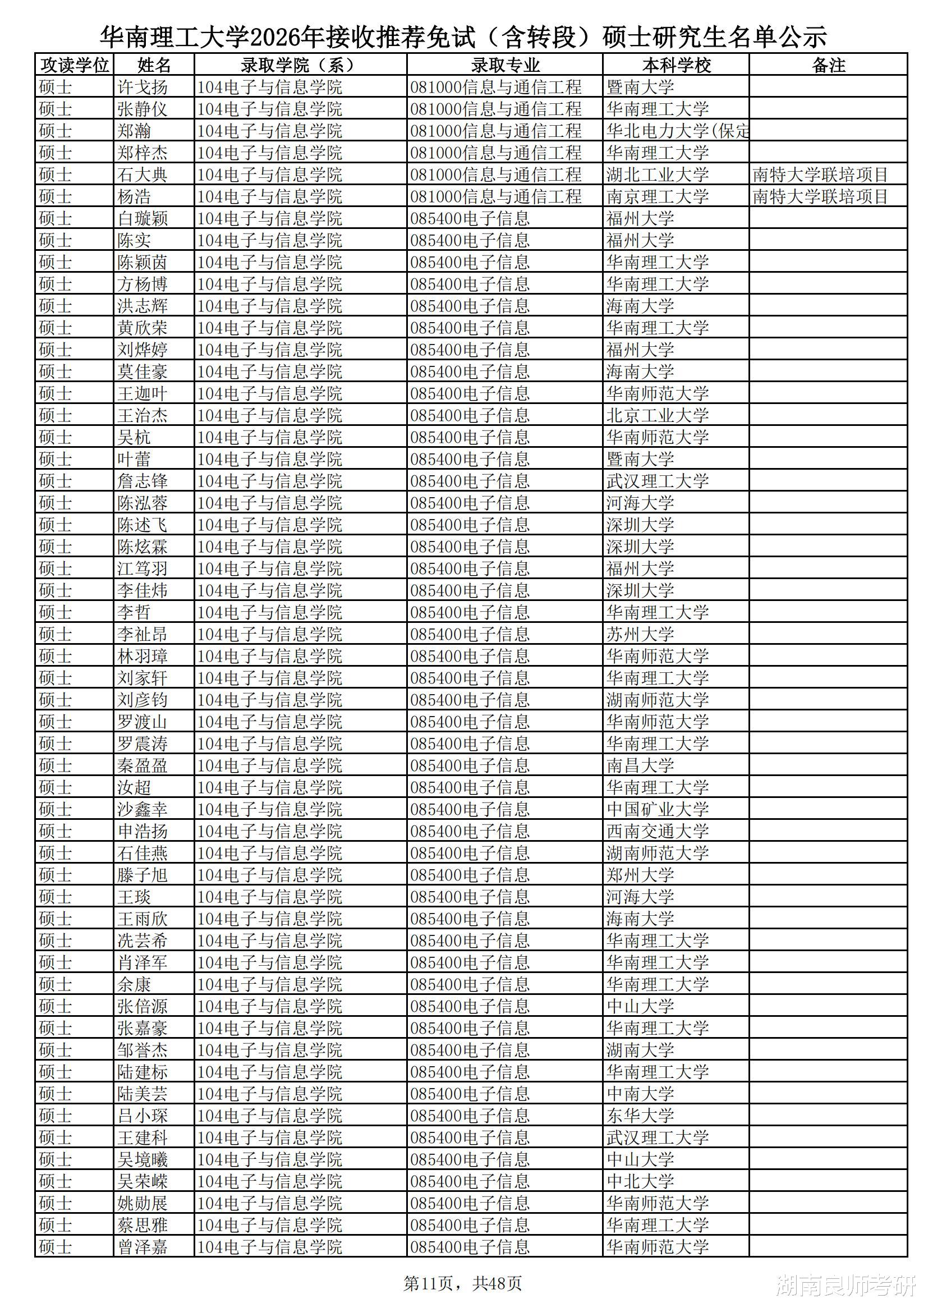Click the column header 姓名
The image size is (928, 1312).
click(154, 65)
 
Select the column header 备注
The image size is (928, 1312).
click(828, 65)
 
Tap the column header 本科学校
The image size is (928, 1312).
click(676, 65)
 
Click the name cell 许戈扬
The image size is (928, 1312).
click(143, 87)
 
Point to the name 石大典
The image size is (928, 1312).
click(143, 175)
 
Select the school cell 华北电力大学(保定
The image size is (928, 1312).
click(677, 131)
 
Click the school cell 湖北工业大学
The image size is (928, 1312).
click(657, 175)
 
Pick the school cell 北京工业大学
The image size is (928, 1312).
click(657, 415)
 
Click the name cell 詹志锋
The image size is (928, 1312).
click(143, 481)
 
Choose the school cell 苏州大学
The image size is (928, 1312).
click(640, 634)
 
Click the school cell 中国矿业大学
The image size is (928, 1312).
click(657, 809)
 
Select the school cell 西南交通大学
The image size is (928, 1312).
click(657, 832)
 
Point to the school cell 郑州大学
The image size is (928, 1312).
click(640, 875)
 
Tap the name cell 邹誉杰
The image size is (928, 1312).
click(143, 1050)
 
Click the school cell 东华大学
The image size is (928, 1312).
click(640, 1116)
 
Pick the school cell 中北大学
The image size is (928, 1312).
click(640, 1181)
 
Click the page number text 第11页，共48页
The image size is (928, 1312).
click(462, 1283)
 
